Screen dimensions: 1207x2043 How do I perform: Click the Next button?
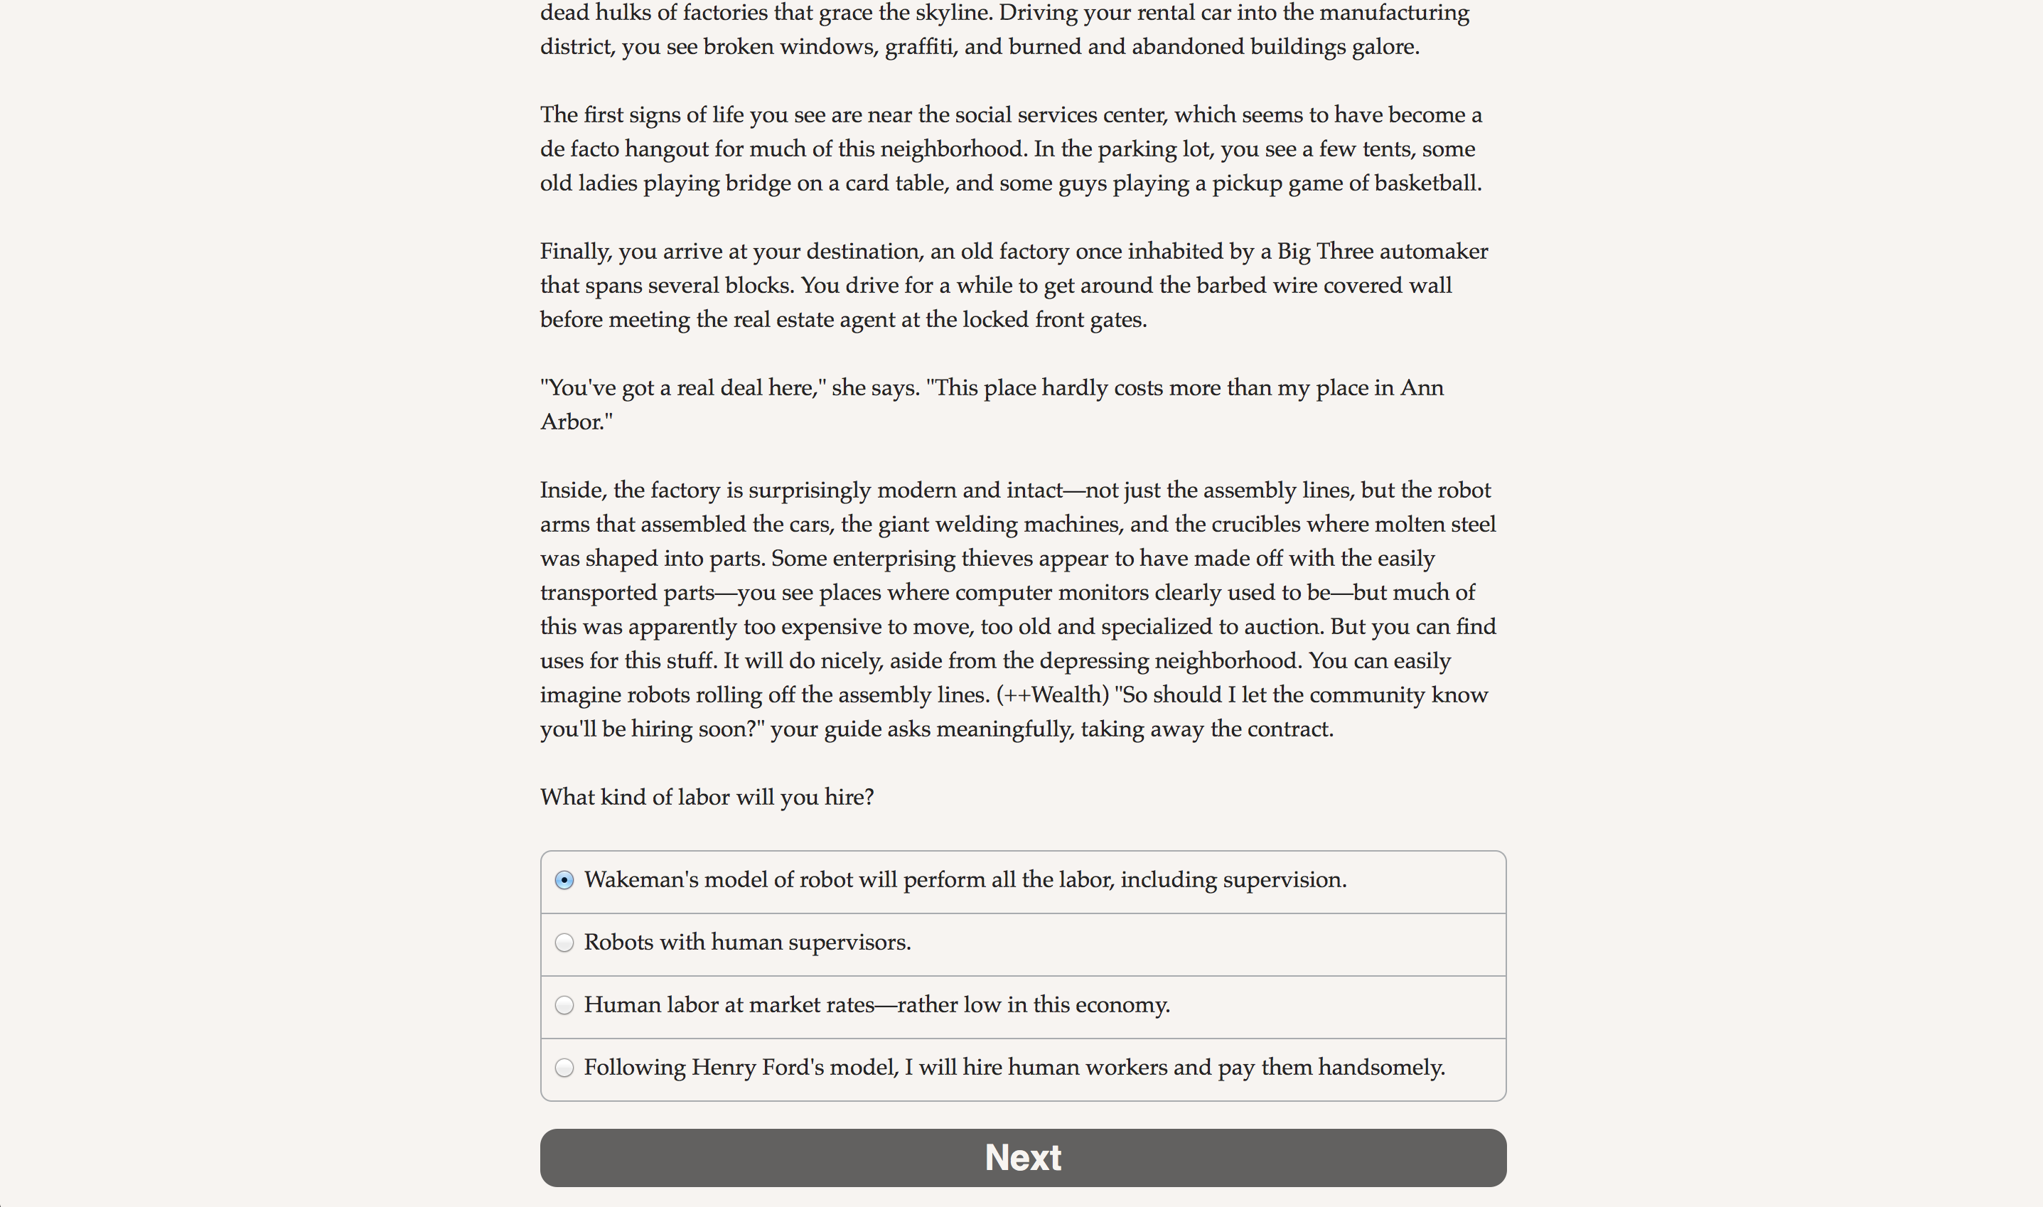click(x=1022, y=1157)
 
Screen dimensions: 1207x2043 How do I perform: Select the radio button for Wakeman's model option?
click(x=564, y=880)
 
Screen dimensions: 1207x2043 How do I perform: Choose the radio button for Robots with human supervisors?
click(x=564, y=943)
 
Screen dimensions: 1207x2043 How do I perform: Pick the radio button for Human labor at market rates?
click(x=564, y=1005)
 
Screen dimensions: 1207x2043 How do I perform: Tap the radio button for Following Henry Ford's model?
click(x=564, y=1067)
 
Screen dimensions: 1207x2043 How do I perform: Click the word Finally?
click(x=575, y=252)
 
